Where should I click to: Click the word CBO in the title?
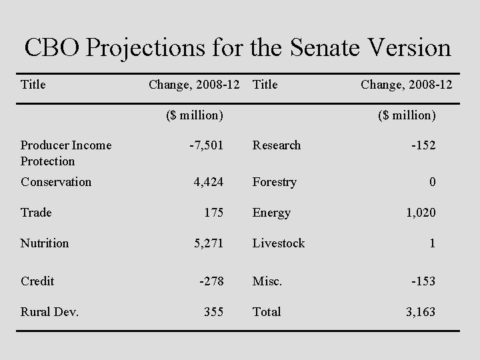(52, 47)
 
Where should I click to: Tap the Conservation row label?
(56, 182)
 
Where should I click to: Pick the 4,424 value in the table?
(208, 182)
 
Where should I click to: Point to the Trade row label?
(36, 213)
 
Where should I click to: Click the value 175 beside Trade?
(213, 213)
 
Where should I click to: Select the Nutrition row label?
(45, 243)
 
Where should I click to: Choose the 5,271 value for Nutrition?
(208, 243)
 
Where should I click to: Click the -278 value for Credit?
(211, 281)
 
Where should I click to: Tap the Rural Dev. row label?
(49, 312)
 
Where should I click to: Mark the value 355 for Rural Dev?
(213, 312)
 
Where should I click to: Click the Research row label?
(276, 145)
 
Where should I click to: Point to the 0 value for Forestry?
(432, 182)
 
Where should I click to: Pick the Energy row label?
(271, 213)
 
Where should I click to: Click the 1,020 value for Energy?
(420, 213)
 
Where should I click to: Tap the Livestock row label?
(278, 243)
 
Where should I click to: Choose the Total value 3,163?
(420, 312)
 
